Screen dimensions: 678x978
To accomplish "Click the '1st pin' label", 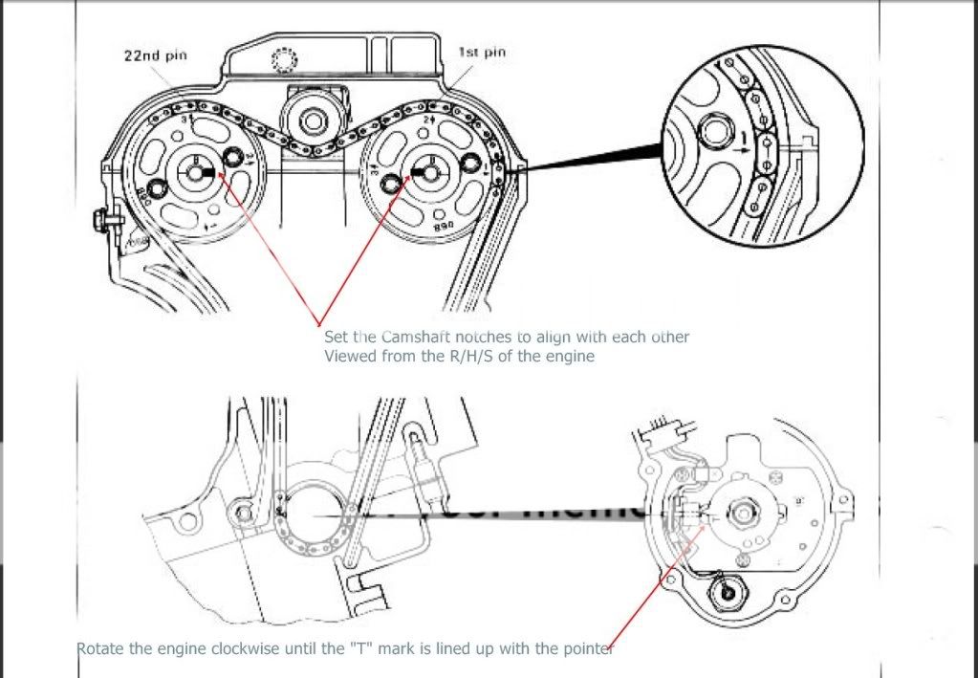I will click(x=482, y=52).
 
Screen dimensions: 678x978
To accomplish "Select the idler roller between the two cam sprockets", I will click(x=314, y=120).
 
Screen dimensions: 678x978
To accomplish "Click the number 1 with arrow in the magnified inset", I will click(x=741, y=146).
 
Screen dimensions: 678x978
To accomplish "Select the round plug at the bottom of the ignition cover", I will click(x=728, y=597).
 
